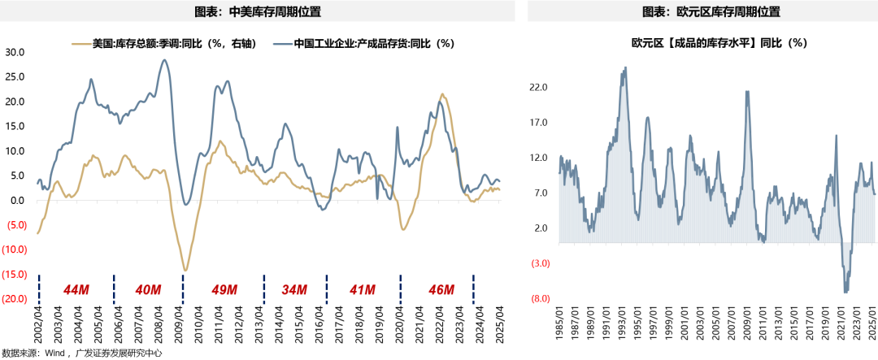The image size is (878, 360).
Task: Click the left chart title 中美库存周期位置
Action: click(x=258, y=12)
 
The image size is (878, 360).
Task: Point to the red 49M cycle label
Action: click(x=224, y=289)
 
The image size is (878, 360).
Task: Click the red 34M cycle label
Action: click(x=293, y=289)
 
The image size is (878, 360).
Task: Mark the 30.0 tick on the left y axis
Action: click(x=15, y=52)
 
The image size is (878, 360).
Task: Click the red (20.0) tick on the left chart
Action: click(x=15, y=299)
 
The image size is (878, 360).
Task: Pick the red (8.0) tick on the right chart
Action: click(x=539, y=299)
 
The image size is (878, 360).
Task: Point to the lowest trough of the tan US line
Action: click(x=185, y=270)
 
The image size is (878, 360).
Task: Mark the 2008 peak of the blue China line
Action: click(x=164, y=60)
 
